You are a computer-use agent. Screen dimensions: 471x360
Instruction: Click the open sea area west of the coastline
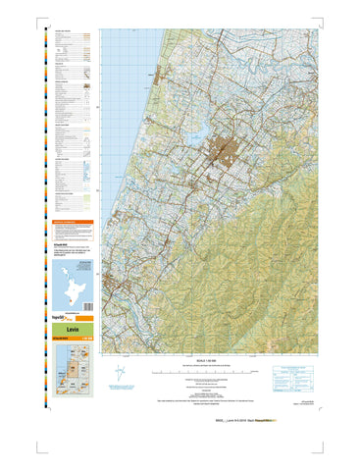tap(118, 98)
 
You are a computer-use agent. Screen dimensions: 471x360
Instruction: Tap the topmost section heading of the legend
tap(69, 30)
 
